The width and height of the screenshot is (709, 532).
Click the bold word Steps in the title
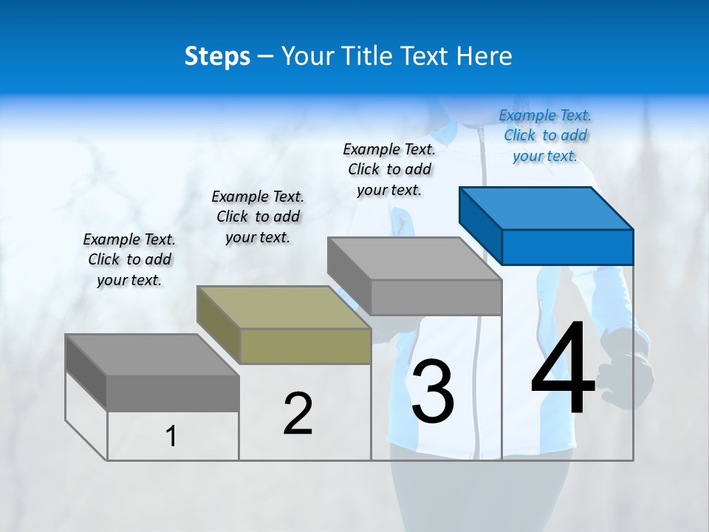tap(217, 56)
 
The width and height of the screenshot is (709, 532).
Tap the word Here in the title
tap(484, 56)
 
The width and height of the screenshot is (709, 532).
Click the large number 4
tap(563, 369)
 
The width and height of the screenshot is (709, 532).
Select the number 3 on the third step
tap(433, 392)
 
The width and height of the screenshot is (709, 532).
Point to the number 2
tap(298, 414)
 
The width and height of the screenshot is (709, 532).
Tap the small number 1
tap(171, 436)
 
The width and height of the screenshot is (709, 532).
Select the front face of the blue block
tap(567, 247)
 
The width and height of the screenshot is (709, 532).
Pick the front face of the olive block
tap(305, 346)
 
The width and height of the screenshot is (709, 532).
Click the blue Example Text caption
tap(545, 135)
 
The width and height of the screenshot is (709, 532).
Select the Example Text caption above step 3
tap(389, 169)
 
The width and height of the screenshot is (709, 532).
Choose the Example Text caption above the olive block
tap(258, 216)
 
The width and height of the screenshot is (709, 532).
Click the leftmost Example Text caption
tap(129, 259)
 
